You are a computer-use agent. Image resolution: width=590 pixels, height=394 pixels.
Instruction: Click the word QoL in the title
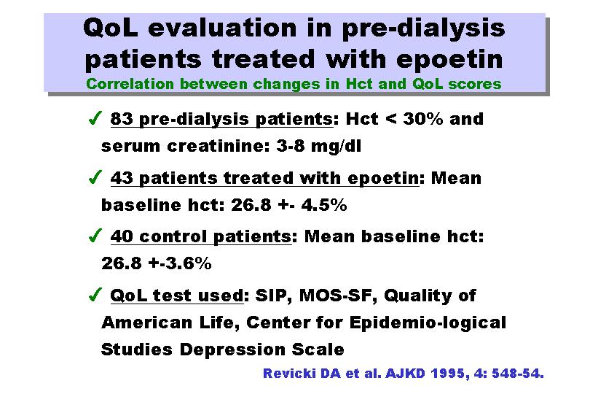click(110, 28)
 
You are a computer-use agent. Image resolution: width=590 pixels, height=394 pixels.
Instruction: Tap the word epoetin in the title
click(449, 61)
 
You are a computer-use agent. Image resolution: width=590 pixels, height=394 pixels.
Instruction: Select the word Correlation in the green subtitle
click(130, 84)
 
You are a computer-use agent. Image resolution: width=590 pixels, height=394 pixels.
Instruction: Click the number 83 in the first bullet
click(122, 119)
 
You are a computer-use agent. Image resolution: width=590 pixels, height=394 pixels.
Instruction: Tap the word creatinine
click(219, 146)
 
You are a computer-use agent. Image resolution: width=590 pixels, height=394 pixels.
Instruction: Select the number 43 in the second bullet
click(122, 178)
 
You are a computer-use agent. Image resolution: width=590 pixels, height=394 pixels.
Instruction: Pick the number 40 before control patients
click(122, 236)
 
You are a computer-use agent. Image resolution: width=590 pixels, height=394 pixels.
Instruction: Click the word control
click(173, 236)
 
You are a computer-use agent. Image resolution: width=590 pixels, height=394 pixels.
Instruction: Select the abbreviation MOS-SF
click(338, 295)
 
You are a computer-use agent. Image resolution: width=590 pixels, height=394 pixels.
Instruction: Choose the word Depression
click(232, 349)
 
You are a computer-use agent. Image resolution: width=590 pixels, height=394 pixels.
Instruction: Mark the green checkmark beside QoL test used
click(95, 294)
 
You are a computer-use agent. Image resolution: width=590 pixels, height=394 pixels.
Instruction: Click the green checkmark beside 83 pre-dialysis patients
click(95, 117)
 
